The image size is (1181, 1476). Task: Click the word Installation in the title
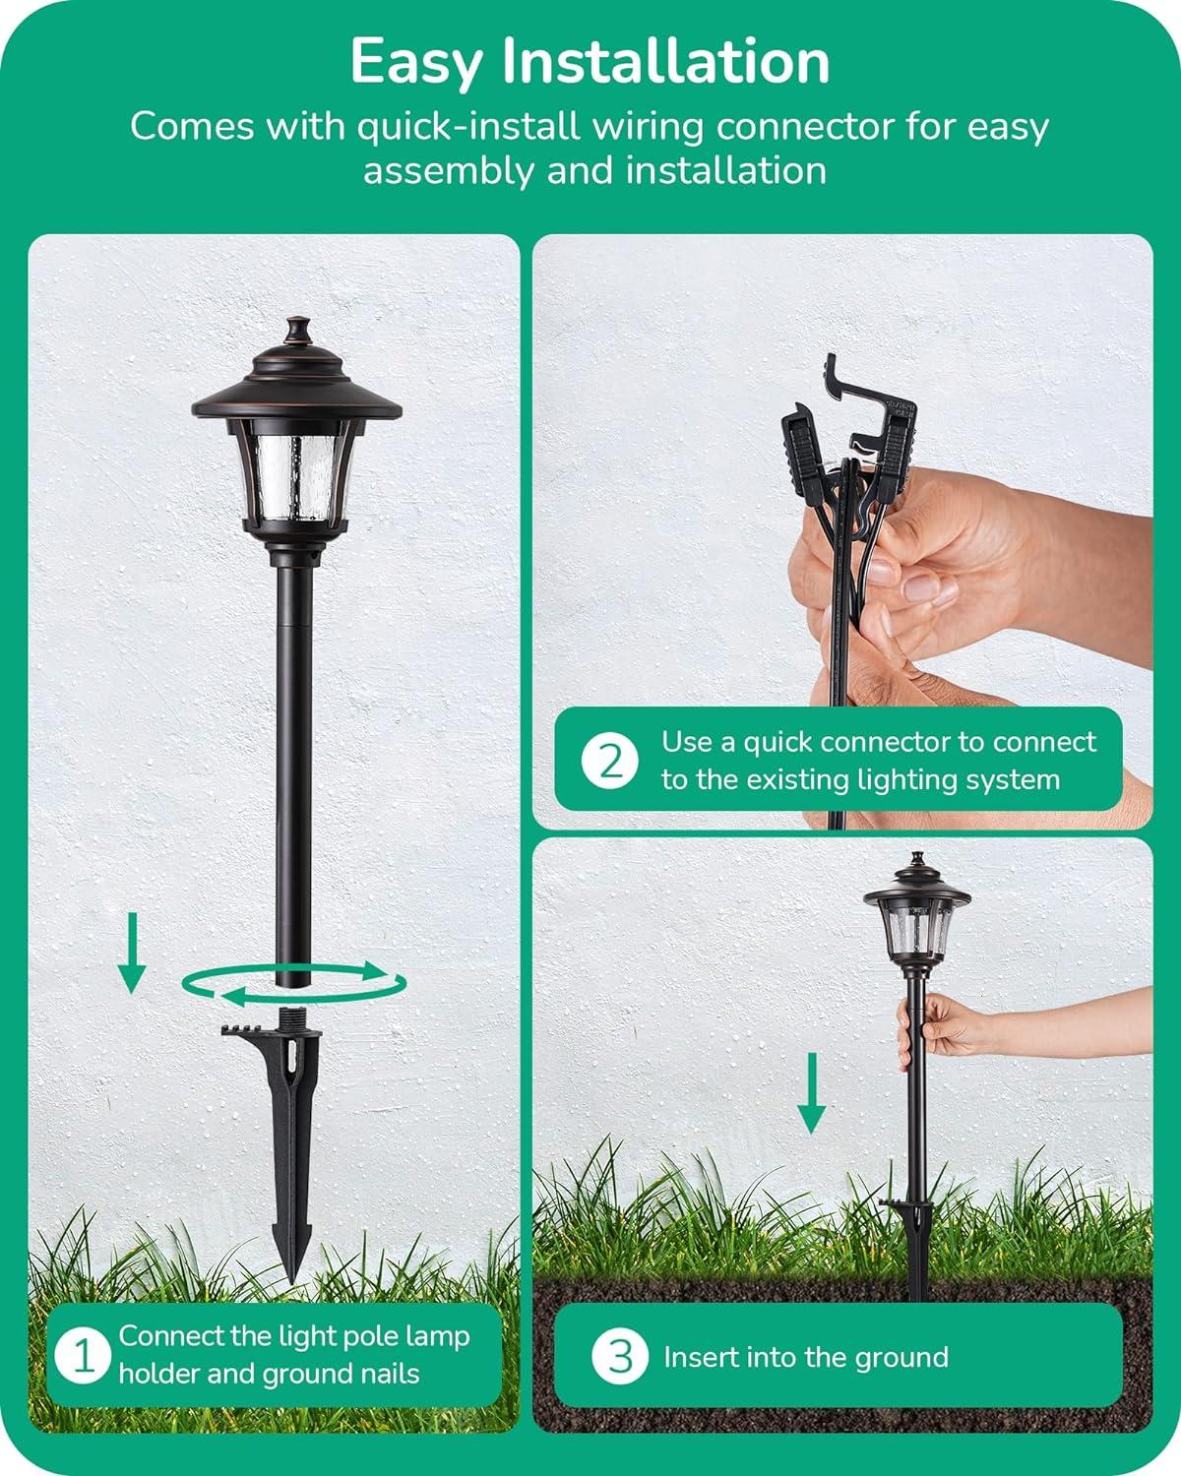[x=665, y=62]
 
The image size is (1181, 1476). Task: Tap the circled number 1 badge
[x=84, y=1356]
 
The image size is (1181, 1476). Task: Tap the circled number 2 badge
[x=610, y=761]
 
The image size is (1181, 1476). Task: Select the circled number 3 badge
[x=620, y=1357]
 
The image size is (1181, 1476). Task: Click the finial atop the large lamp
[x=295, y=332]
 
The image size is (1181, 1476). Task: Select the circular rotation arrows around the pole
[x=293, y=984]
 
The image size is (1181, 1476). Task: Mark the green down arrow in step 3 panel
[x=811, y=1093]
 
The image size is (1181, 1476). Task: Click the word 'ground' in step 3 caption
[x=905, y=1357]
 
